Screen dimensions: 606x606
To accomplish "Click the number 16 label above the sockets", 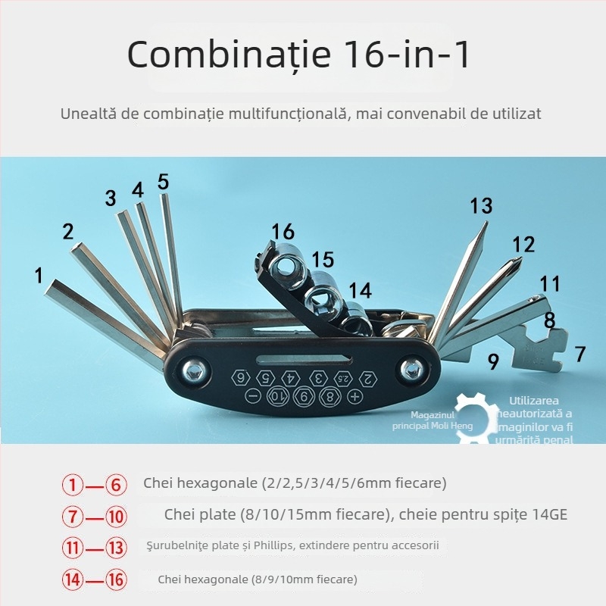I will click(x=283, y=232).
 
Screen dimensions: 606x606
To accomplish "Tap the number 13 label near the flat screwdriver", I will click(x=481, y=206).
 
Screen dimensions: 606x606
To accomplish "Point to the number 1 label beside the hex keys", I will click(x=39, y=275).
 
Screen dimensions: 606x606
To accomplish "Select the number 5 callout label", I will click(x=164, y=182).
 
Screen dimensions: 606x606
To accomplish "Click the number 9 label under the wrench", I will click(x=493, y=362).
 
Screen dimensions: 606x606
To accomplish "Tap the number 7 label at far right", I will click(x=580, y=354).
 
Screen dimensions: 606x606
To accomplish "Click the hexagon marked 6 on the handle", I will click(x=241, y=377).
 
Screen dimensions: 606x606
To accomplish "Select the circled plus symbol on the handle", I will click(x=354, y=396).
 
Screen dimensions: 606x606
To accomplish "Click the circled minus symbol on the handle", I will click(x=254, y=396).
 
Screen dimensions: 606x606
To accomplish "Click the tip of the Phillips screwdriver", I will click(x=517, y=261).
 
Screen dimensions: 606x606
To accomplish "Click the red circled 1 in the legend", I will click(x=73, y=483).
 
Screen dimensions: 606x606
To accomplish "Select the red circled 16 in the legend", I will click(x=115, y=580).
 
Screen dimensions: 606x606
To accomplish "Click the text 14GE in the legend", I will click(x=548, y=515).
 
